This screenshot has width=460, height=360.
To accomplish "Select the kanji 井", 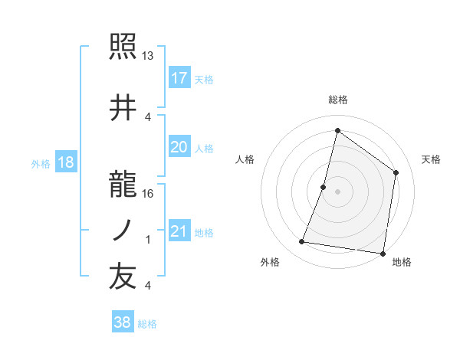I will [x=123, y=108].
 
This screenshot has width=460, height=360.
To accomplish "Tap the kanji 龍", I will [x=123, y=185].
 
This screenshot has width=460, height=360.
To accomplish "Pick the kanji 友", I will [x=123, y=278].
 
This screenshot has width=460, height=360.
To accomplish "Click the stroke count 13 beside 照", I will [x=149, y=56].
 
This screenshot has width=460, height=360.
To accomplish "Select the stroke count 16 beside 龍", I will [x=149, y=194].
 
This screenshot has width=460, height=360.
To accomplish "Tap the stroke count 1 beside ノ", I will [x=148, y=240].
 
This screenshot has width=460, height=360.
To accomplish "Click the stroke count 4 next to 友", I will [x=148, y=286].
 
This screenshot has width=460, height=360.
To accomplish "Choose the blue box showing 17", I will [x=179, y=78].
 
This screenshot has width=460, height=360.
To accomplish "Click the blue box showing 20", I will [x=179, y=147].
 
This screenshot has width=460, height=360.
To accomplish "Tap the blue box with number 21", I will [x=179, y=231].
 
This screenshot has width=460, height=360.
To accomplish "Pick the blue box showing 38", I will [x=123, y=322].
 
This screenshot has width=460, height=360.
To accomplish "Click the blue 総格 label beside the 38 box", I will [x=148, y=324].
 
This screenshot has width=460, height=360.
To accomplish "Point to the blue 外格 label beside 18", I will [x=40, y=163].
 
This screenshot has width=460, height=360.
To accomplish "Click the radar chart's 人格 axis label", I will [x=245, y=159].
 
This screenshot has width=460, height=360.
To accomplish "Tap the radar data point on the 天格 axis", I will [x=396, y=172].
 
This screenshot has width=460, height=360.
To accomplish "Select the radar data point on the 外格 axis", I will [x=302, y=242].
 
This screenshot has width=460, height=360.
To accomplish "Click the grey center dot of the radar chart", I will [x=337, y=191].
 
